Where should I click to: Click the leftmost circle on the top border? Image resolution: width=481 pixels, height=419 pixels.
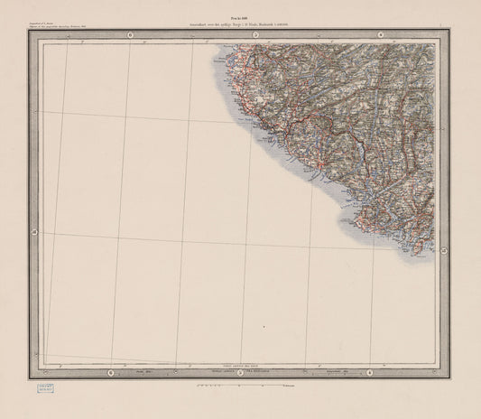131,35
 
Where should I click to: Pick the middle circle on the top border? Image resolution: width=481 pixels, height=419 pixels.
256,35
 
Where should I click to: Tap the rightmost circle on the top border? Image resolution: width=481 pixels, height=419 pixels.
382,35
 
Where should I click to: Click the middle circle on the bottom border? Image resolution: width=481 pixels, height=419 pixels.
238,372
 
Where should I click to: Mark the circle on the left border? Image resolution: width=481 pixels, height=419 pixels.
34,233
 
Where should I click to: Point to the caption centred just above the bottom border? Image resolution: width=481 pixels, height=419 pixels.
240,362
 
